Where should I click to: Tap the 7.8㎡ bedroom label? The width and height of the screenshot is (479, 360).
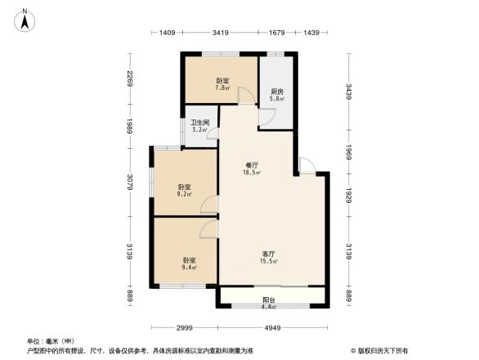[222, 83]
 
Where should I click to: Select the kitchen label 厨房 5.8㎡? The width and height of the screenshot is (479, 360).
[277, 94]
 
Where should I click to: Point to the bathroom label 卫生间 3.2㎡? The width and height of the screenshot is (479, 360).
[200, 126]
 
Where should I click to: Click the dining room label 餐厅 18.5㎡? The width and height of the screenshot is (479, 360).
[251, 168]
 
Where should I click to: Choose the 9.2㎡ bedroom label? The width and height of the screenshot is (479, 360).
[185, 191]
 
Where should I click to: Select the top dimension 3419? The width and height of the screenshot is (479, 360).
[220, 33]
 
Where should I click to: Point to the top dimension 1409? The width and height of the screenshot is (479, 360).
[168, 33]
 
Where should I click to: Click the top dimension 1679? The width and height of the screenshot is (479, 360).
[276, 33]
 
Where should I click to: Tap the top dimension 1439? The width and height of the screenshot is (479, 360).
[311, 33]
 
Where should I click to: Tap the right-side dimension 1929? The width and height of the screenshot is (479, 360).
[349, 195]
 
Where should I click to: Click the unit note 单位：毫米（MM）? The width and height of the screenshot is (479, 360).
[51, 340]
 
